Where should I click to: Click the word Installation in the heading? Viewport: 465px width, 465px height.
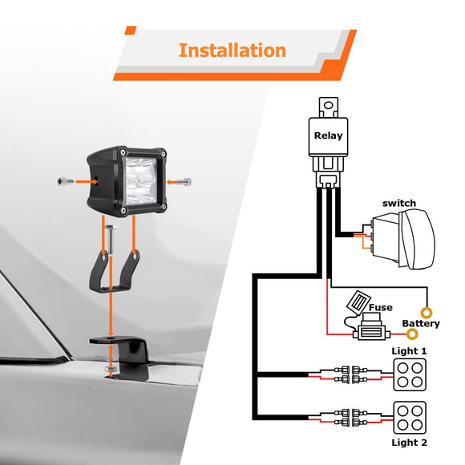[x=232, y=51]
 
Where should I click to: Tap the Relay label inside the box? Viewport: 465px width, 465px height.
[x=328, y=135]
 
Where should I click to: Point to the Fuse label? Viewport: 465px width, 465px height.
[x=380, y=306]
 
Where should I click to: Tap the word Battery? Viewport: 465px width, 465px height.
[x=420, y=324]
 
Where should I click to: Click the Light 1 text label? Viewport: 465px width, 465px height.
[x=409, y=351]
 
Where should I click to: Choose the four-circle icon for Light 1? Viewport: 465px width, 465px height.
[x=409, y=374]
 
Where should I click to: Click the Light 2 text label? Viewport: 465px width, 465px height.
[x=409, y=443]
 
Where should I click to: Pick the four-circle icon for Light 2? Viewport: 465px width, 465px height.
[x=409, y=418]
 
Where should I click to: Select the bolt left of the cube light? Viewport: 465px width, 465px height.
[x=65, y=182]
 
